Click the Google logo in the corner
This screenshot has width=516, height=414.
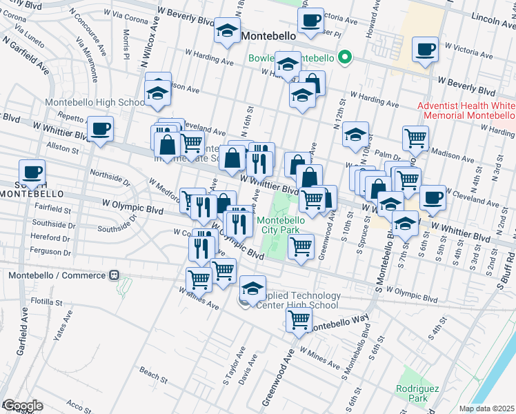pyautogui.click(x=22, y=406)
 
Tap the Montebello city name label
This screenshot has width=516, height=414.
pyautogui.click(x=269, y=34)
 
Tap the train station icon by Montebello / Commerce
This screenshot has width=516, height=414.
pyautogui.click(x=113, y=275)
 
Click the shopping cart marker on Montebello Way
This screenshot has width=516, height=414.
pyautogui.click(x=299, y=319)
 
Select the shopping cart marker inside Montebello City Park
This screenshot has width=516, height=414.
pyautogui.click(x=301, y=246)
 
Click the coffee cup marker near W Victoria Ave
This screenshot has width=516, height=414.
pyautogui.click(x=424, y=49)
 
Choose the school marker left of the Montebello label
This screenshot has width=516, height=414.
pyautogui.click(x=226, y=30)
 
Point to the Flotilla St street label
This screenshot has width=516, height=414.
pyautogui.click(x=46, y=302)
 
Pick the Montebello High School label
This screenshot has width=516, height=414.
pyautogui.click(x=95, y=103)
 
